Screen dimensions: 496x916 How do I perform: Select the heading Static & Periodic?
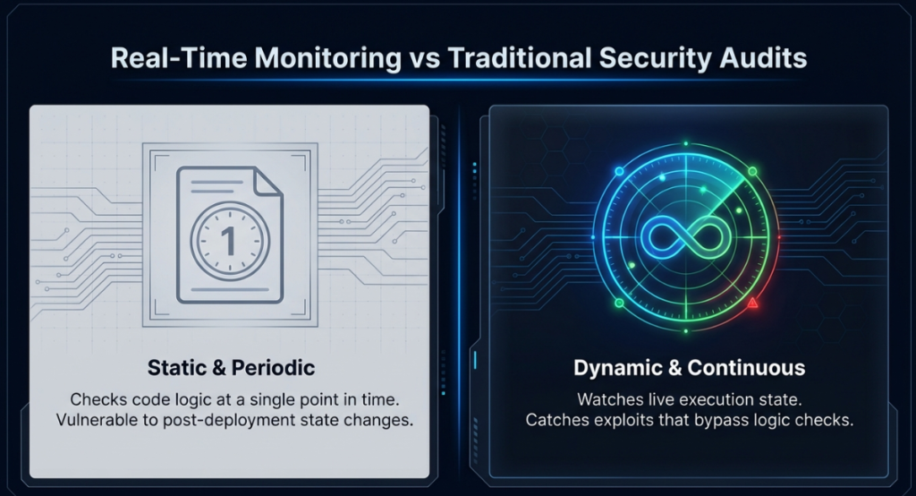pyautogui.click(x=229, y=367)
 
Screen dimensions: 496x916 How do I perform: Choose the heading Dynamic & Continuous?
pyautogui.click(x=690, y=368)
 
